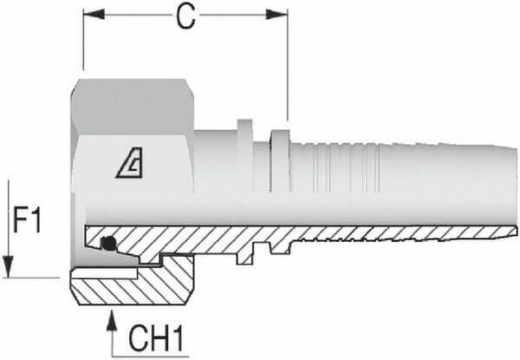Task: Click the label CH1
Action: (158, 337)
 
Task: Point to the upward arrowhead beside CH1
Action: (113, 323)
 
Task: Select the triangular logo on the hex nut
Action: (131, 162)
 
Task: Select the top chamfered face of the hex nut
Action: (134, 97)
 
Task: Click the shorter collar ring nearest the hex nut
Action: (243, 156)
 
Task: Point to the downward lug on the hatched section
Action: (253, 252)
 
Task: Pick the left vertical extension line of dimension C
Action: (82, 43)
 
